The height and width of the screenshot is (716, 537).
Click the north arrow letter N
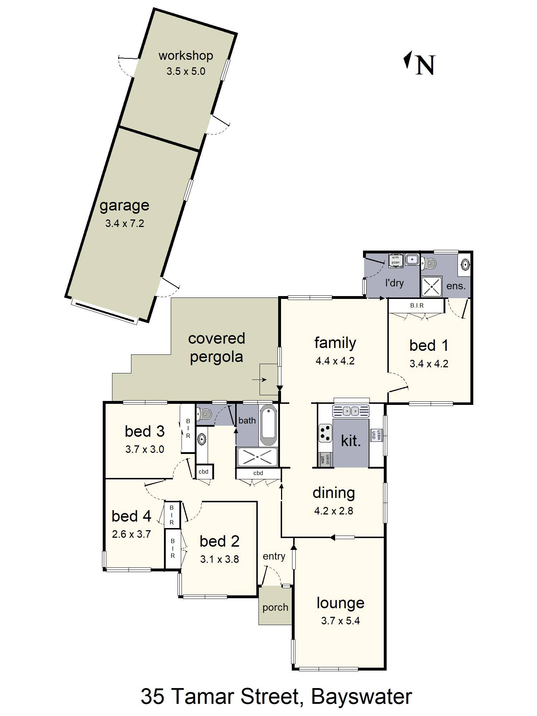425,65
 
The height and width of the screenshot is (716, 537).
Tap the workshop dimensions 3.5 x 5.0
186,71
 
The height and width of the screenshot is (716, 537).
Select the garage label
124,205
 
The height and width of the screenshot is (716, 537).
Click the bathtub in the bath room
268,425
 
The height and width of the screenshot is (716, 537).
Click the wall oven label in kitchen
325,460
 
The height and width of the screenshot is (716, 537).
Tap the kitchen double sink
351,411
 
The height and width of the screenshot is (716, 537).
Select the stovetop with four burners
325,432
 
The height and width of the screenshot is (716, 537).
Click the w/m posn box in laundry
396,260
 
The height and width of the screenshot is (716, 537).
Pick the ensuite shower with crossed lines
432,286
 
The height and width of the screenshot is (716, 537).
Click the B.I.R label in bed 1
417,306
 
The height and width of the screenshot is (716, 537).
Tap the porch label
275,607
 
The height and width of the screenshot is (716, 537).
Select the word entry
274,556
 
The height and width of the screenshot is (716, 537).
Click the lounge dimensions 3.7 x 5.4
340,621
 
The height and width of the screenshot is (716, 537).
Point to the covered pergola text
216,347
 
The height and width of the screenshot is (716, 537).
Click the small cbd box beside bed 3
204,471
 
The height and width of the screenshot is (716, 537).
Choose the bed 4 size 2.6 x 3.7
131,534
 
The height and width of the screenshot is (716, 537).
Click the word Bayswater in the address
361,696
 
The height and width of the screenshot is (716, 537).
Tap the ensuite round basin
465,265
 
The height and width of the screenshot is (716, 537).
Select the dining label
334,493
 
